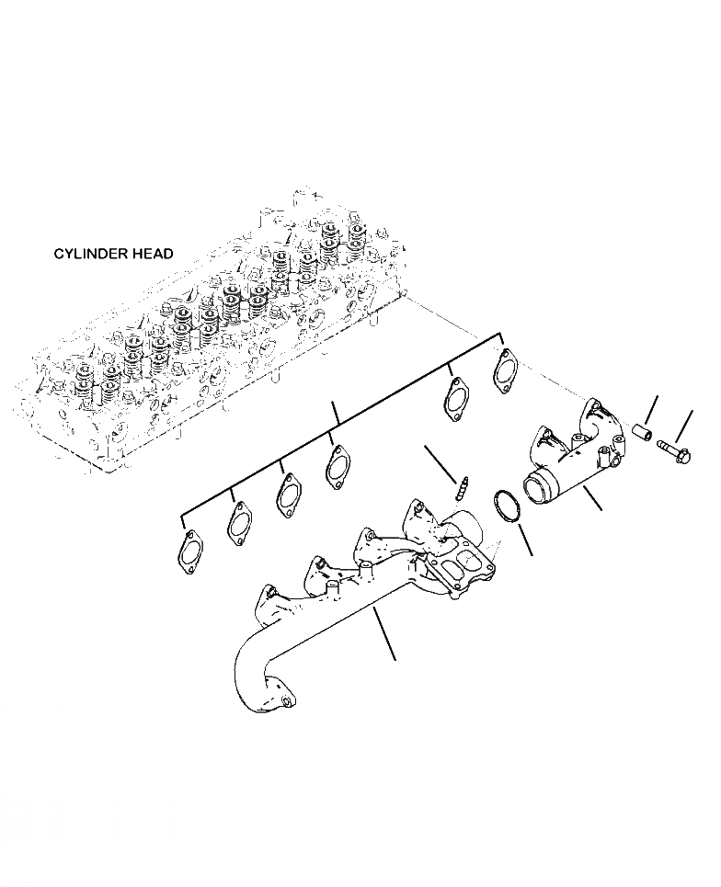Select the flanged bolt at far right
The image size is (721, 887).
[x=673, y=452]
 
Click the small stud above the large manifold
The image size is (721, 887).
[x=464, y=484]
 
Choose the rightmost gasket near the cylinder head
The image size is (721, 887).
[x=506, y=370]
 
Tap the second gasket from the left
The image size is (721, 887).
[x=240, y=523]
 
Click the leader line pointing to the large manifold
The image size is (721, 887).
[x=386, y=635]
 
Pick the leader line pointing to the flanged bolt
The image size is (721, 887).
[x=686, y=426]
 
